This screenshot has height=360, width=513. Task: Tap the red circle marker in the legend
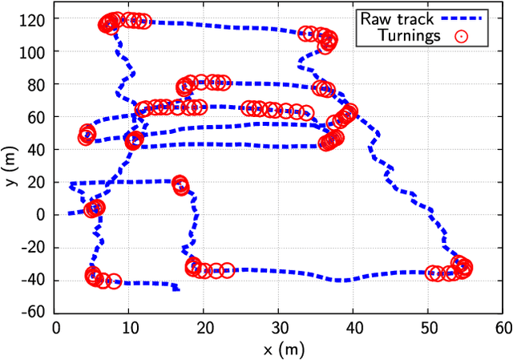(460, 35)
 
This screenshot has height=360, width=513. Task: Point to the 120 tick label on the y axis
(35, 18)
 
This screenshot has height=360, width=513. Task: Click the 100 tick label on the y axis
(35, 51)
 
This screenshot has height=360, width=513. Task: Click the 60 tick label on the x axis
(503, 328)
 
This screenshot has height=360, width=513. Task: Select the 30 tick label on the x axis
(279, 328)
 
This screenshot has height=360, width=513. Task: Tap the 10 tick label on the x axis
(130, 328)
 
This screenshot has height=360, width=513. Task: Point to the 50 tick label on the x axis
(428, 328)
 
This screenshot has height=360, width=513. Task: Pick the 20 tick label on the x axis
(204, 328)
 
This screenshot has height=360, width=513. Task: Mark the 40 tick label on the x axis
(353, 328)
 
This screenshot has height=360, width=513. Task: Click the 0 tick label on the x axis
(55, 328)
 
